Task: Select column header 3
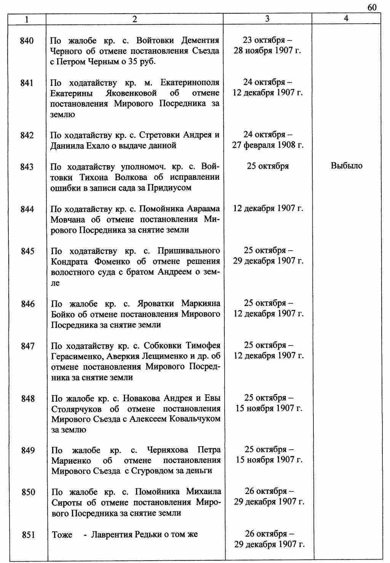click(267, 19)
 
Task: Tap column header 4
click(346, 18)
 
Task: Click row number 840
click(27, 40)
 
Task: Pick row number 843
click(27, 167)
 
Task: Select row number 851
click(28, 535)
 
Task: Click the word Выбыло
click(347, 166)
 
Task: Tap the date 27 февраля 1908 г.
click(268, 145)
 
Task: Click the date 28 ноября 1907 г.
click(267, 51)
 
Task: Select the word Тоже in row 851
click(62, 534)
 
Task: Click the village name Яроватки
click(154, 304)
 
